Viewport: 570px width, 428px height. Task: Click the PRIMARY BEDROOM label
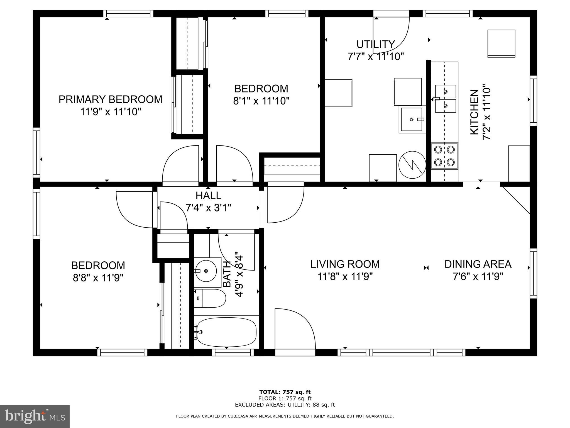(110, 99)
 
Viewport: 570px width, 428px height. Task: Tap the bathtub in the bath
(226, 332)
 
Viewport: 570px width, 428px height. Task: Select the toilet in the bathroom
(210, 298)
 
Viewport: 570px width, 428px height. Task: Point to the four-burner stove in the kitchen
(444, 156)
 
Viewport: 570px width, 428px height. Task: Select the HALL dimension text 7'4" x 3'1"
(208, 208)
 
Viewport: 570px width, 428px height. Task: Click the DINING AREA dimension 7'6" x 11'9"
(478, 277)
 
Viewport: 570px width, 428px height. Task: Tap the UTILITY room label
(375, 44)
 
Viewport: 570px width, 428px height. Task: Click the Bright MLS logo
(35, 417)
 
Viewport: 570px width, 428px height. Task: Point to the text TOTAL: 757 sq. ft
(285, 392)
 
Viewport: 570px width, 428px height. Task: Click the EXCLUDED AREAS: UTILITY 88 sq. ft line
(285, 405)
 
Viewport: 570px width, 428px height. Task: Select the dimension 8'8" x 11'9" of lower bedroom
(98, 278)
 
